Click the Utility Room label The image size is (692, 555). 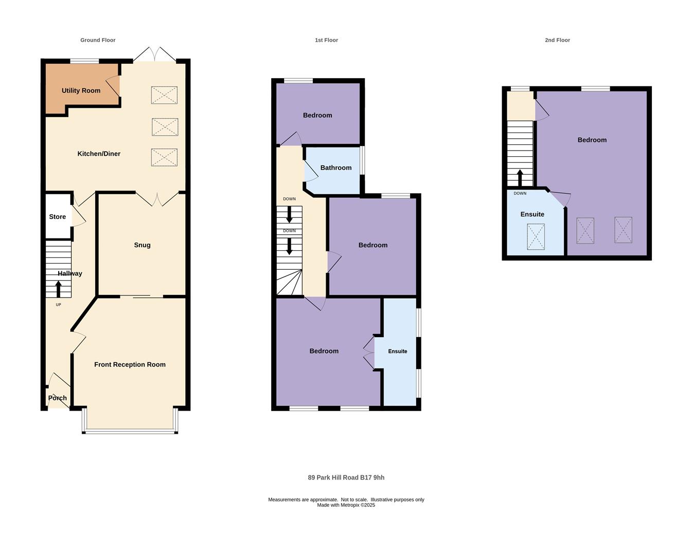click(x=81, y=90)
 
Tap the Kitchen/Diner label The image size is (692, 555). click(x=99, y=154)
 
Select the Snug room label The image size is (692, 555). click(x=142, y=245)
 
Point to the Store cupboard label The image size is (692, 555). click(x=58, y=217)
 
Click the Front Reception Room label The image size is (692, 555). click(x=130, y=364)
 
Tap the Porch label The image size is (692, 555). click(x=58, y=398)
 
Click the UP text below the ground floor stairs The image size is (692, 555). click(x=58, y=305)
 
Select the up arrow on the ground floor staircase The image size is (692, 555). click(x=58, y=289)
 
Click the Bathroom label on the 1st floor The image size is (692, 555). click(x=336, y=168)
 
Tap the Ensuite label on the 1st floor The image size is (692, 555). click(x=397, y=351)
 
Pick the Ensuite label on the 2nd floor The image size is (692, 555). click(x=533, y=214)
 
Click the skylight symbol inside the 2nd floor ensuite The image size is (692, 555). click(x=536, y=237)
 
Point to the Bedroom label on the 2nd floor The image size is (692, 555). click(x=592, y=140)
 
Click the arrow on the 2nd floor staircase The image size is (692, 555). click(x=520, y=178)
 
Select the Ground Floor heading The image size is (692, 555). click(x=98, y=40)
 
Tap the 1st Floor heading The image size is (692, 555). click(x=326, y=40)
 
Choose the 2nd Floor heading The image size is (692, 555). click(x=557, y=40)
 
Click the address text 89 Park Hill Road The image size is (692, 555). click(x=333, y=477)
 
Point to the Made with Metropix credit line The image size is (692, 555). click(x=346, y=505)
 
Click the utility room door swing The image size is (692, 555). click(x=113, y=86)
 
